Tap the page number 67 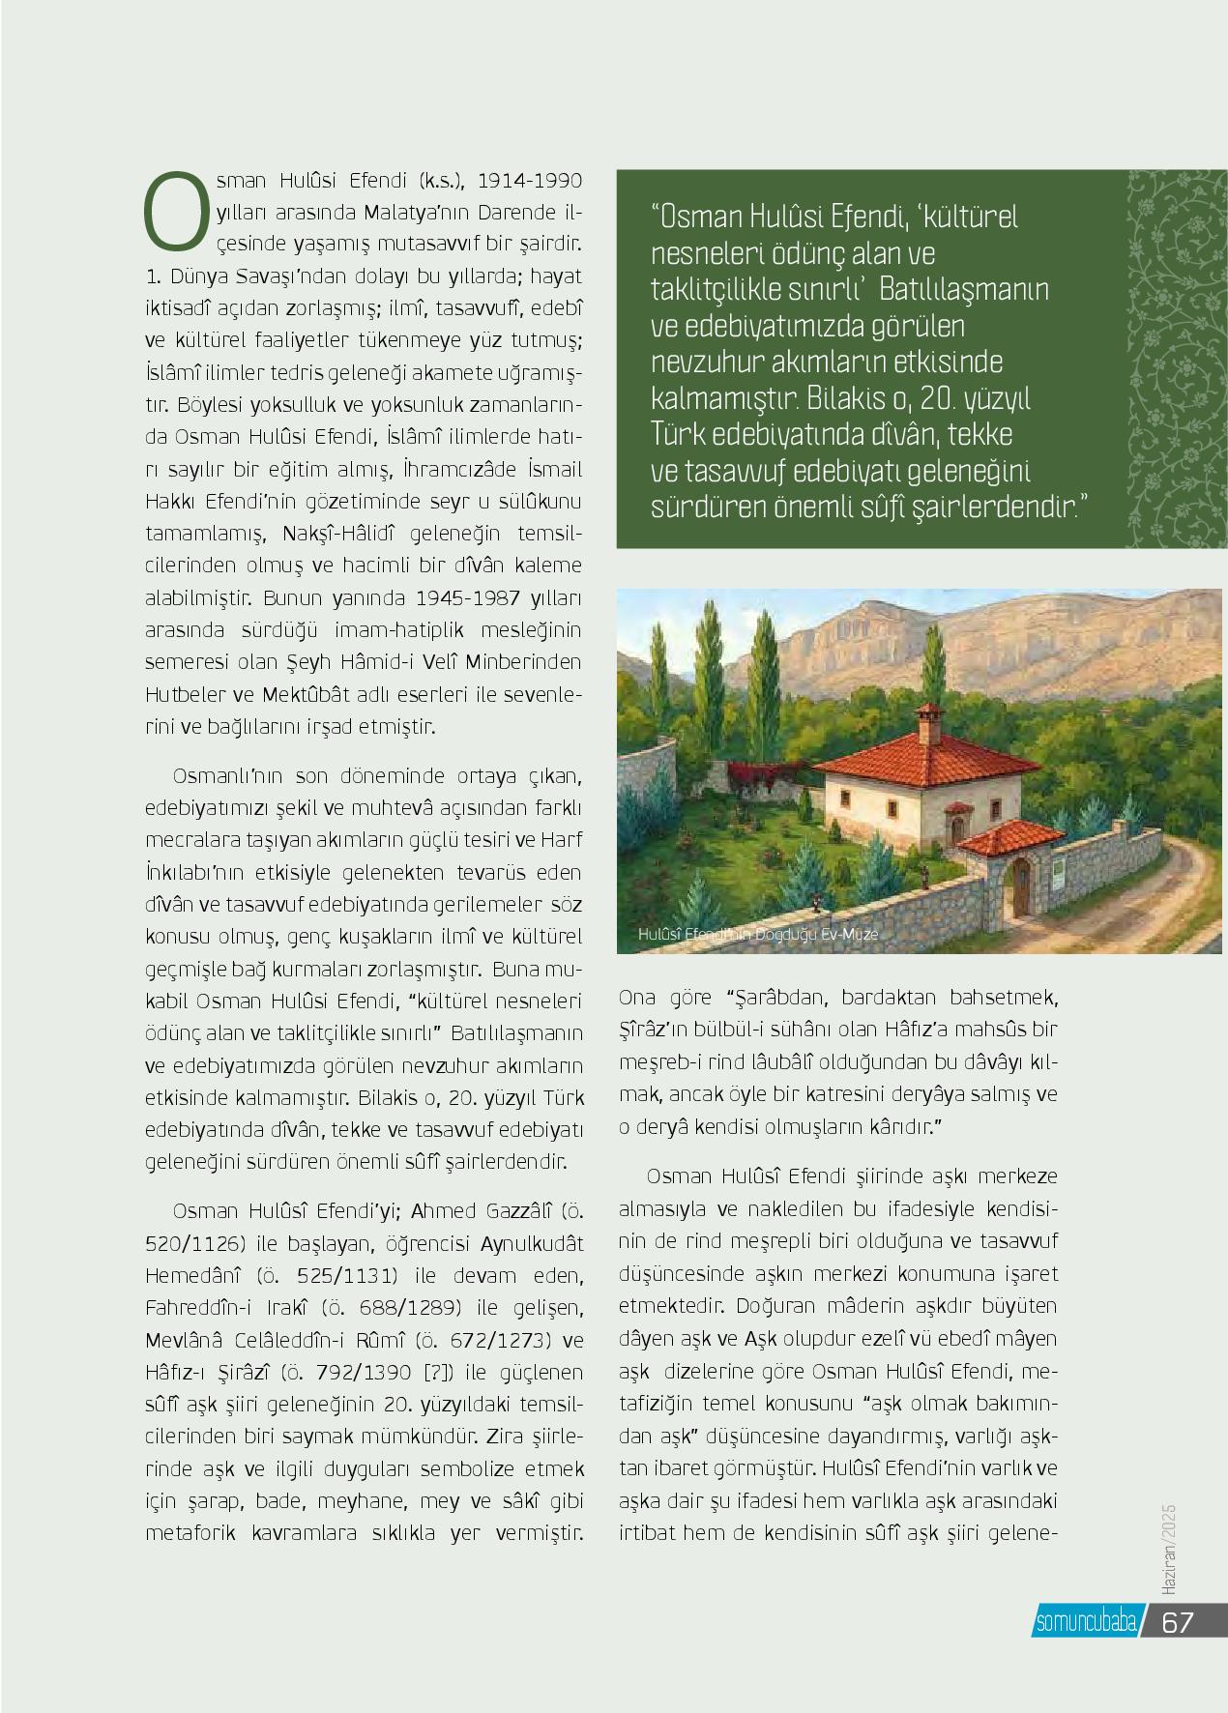pyautogui.click(x=1178, y=1621)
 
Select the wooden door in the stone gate pyautogui.click(x=1021, y=890)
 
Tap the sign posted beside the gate pyautogui.click(x=1060, y=873)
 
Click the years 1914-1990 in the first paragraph pyautogui.click(x=531, y=181)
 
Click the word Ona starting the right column pyautogui.click(x=637, y=997)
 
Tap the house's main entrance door pyautogui.click(x=956, y=827)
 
